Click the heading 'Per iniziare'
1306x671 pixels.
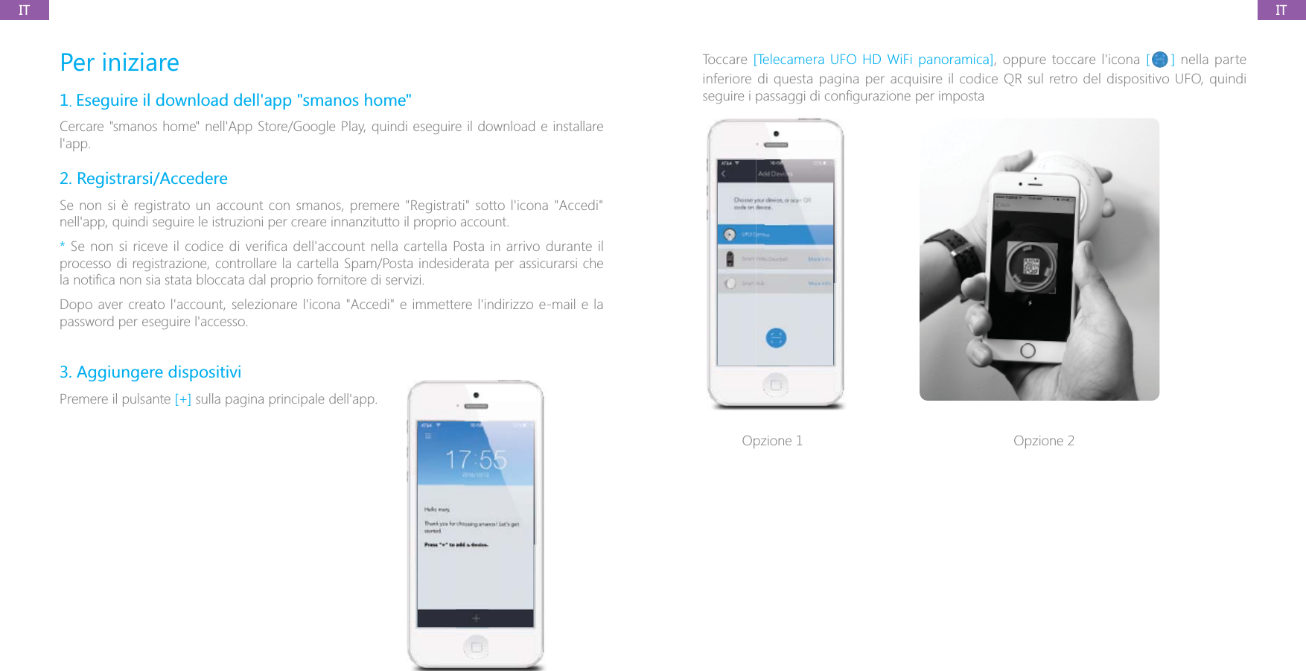[x=119, y=63]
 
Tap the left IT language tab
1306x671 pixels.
[x=24, y=10]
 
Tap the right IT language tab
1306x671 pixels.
[x=1281, y=10]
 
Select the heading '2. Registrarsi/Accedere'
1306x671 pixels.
[x=144, y=179]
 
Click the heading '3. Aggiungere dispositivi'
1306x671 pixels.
[x=150, y=372]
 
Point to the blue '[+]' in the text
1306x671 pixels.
[x=182, y=399]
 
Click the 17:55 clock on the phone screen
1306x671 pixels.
[x=476, y=459]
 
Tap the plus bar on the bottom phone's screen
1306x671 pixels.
[x=476, y=618]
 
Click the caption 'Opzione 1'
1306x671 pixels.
[x=772, y=441]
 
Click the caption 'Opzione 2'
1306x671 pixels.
[x=1043, y=441]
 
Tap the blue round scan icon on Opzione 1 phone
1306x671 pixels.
[x=776, y=338]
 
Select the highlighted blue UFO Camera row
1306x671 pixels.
[x=775, y=235]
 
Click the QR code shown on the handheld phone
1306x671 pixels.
[x=1031, y=266]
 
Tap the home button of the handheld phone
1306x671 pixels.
[x=1028, y=350]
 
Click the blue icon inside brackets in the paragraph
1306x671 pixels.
[x=1159, y=60]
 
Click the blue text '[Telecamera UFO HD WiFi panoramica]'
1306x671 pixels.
[x=873, y=60]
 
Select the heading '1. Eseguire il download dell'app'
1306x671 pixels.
[x=235, y=101]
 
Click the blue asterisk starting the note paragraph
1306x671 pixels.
[x=63, y=246]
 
